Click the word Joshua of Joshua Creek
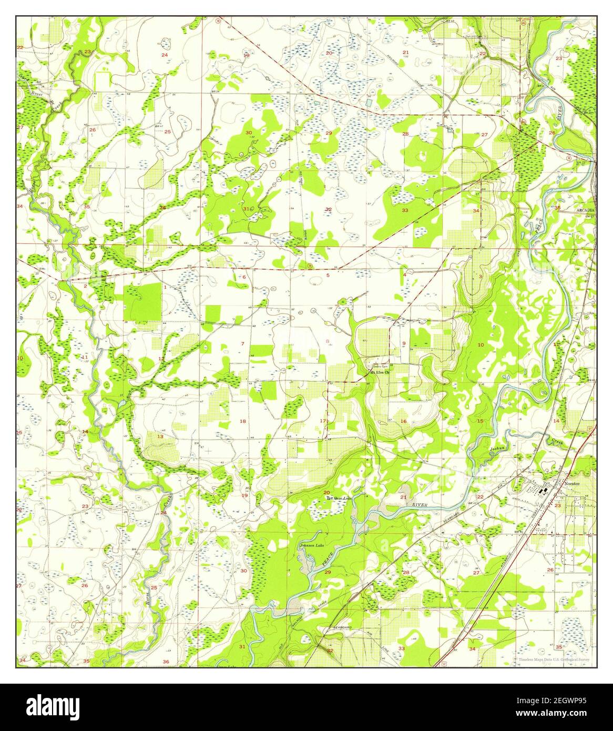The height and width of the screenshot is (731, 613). point(496,449)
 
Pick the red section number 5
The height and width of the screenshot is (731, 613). point(328,276)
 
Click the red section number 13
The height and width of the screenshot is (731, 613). point(159,436)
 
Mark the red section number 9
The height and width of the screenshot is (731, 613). point(404,344)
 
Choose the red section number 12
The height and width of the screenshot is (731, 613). point(161,359)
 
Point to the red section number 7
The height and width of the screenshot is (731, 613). point(242,344)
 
